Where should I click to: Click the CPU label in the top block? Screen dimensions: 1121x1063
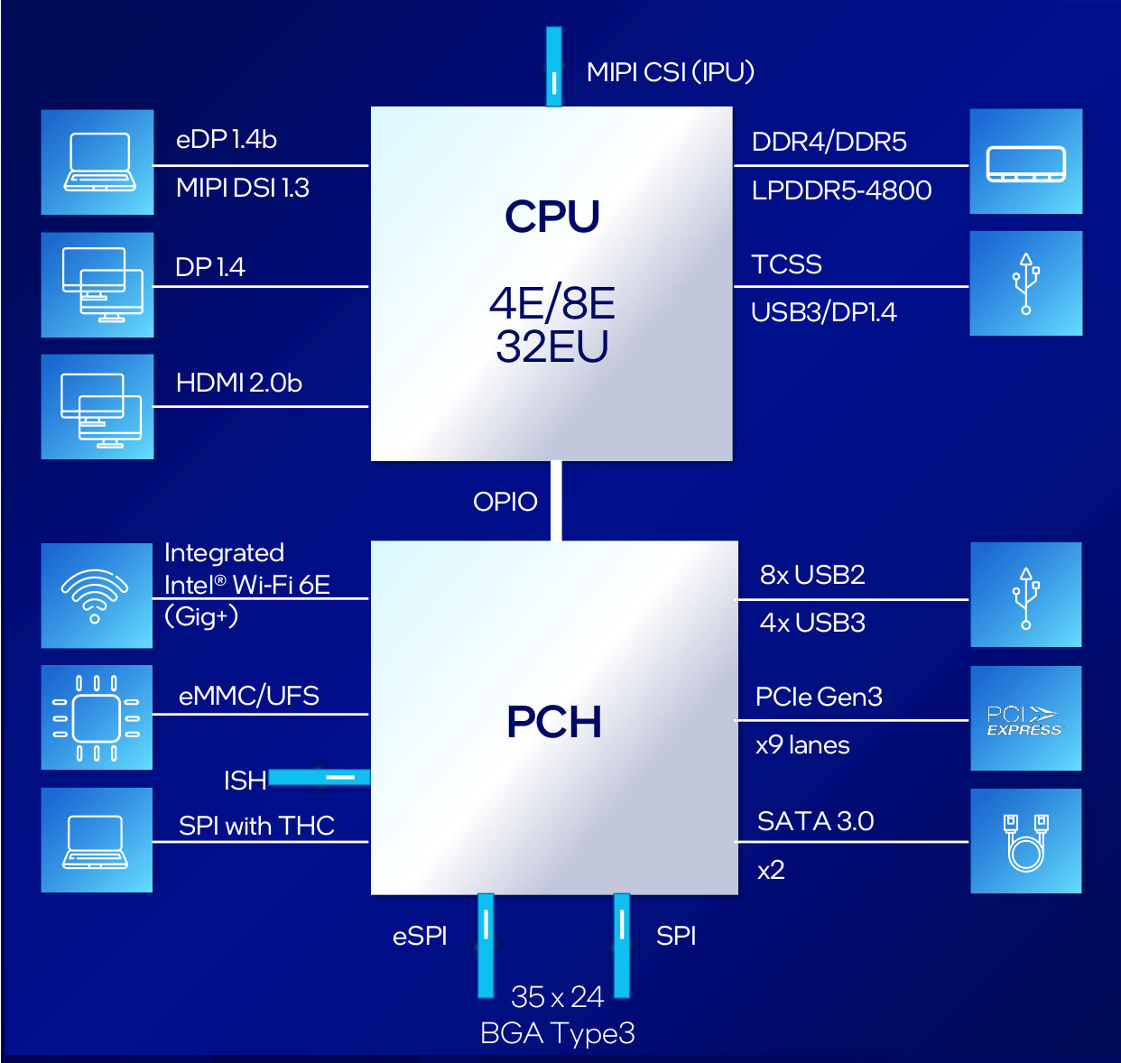[552, 217]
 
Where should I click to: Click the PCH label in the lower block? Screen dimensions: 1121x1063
[553, 721]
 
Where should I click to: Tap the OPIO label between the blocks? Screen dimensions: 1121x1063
[505, 502]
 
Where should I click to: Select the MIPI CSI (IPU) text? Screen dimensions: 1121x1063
[671, 72]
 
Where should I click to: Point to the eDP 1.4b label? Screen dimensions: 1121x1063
[227, 139]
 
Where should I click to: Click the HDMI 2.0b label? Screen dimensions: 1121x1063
[239, 383]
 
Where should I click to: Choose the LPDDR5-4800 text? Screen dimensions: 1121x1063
[841, 189]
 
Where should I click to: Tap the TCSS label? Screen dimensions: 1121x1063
[787, 264]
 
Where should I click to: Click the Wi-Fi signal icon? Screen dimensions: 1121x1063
[95, 596]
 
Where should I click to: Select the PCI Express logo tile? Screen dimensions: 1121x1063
[1025, 718]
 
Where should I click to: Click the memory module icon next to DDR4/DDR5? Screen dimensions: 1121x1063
[1025, 163]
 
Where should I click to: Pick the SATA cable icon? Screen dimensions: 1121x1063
[1025, 842]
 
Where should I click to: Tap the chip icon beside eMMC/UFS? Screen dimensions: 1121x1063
[97, 718]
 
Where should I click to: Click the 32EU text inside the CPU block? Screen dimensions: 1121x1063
[552, 347]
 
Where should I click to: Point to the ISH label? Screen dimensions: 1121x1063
[246, 781]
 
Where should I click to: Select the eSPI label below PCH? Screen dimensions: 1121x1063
[420, 936]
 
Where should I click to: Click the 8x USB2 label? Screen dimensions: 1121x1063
[812, 575]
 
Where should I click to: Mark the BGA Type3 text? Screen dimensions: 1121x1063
[558, 1033]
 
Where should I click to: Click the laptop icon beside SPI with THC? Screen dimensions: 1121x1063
[95, 842]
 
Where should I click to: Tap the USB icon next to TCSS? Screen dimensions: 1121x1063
[1025, 283]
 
